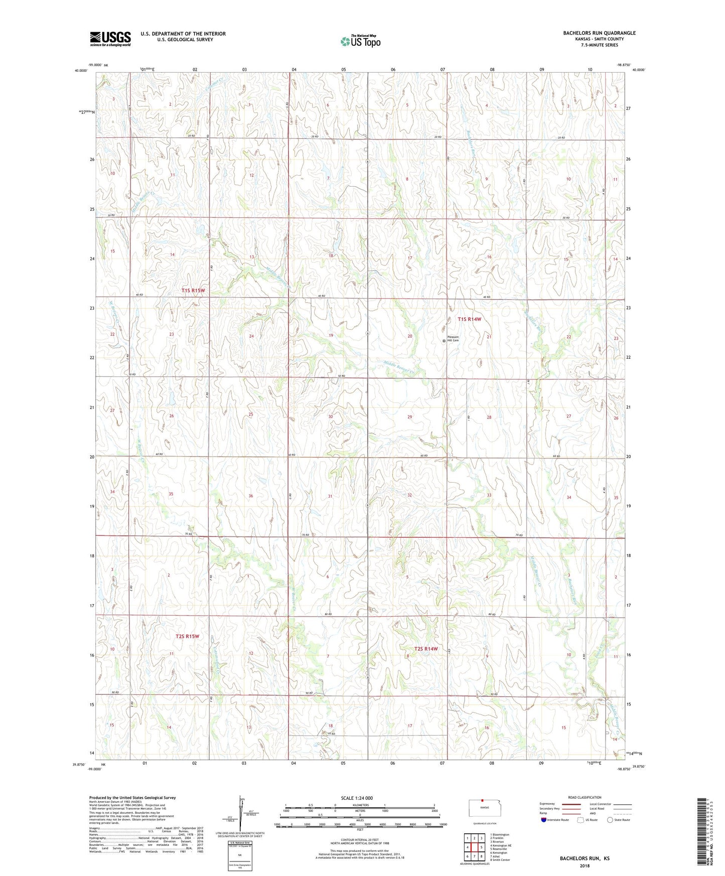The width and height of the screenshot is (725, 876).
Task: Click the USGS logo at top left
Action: pyautogui.click(x=110, y=39)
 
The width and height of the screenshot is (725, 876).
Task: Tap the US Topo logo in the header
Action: pyautogui.click(x=360, y=41)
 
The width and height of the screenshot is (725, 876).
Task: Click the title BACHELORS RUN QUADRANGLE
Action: pyautogui.click(x=599, y=33)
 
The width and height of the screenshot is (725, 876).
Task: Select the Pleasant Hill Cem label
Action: pyautogui.click(x=453, y=339)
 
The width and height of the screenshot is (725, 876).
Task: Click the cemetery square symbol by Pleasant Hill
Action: pyautogui.click(x=444, y=341)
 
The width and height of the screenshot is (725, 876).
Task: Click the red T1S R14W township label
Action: pyautogui.click(x=469, y=319)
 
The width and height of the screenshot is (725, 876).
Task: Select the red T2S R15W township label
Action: pyautogui.click(x=187, y=636)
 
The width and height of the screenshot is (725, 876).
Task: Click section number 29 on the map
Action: pyautogui.click(x=410, y=417)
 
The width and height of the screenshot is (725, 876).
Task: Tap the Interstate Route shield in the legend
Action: pyautogui.click(x=544, y=820)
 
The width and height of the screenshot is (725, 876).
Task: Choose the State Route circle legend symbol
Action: pyautogui.click(x=610, y=820)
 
